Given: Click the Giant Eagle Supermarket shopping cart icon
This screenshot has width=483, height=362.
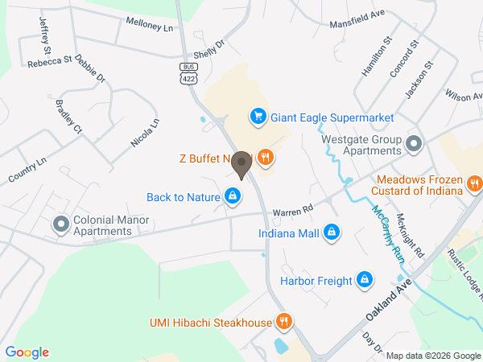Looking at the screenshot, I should pos(258,117).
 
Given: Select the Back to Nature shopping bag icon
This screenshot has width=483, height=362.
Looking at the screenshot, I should pos(233,196).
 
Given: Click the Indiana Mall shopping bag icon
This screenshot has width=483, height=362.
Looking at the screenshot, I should pos(330,234).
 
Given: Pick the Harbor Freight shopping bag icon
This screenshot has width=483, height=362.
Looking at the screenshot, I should pos(365,281).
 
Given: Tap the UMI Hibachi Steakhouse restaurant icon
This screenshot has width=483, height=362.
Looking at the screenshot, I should pos(283,323).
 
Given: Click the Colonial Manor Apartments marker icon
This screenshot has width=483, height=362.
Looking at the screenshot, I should pos(60,224).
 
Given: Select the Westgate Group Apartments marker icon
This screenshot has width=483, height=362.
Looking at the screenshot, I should pos(415,145).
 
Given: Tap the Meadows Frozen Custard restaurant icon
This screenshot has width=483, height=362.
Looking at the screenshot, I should pos(475,185).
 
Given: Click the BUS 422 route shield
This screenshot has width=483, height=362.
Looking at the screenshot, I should pos(188,74).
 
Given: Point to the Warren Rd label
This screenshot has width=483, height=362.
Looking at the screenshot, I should pos(292,212).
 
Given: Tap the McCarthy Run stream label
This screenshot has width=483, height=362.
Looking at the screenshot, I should pos(387,234).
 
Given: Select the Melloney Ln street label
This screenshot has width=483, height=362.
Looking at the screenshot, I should pos(149,25).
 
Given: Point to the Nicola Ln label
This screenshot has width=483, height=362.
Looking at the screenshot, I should pos(146,134).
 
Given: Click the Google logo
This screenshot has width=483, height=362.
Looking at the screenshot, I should pos(27,352).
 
